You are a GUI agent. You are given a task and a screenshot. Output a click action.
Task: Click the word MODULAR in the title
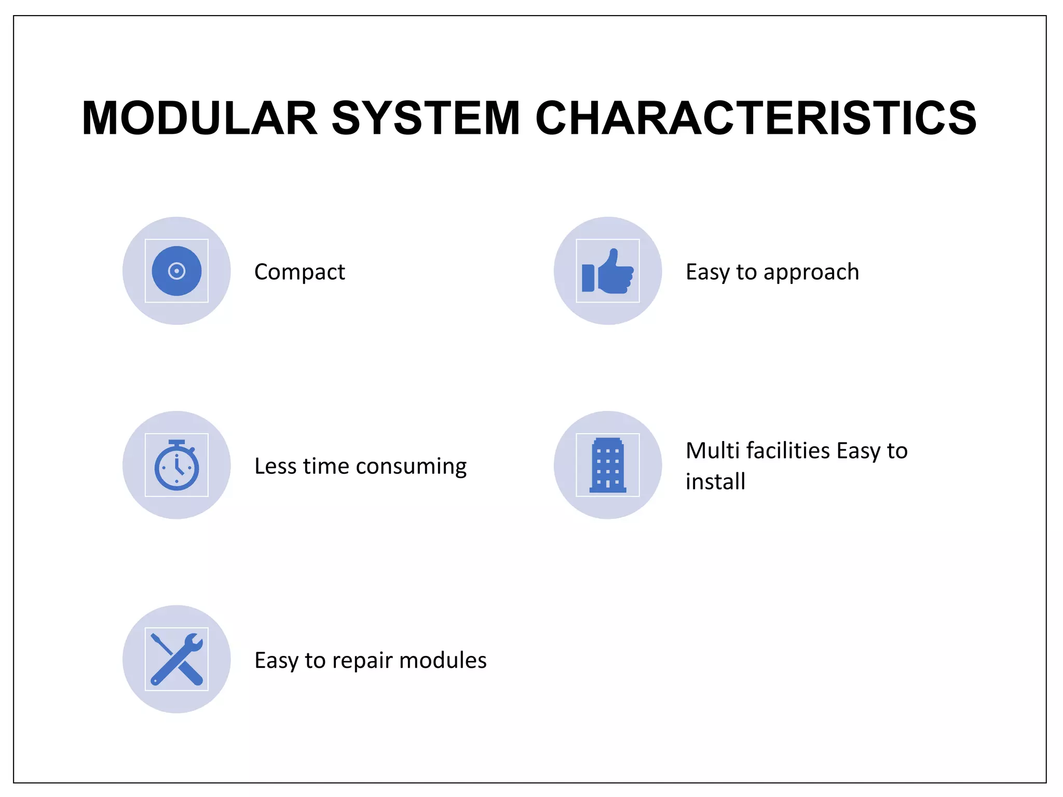click(200, 118)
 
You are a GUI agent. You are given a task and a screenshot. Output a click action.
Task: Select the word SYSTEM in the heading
click(426, 118)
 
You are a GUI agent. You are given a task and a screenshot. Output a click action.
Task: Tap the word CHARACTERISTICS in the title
click(756, 118)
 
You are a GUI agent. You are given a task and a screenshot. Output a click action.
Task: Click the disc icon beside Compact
click(176, 271)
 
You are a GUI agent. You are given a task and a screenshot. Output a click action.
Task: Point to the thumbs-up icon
click(608, 271)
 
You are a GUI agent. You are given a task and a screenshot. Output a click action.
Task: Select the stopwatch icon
click(176, 465)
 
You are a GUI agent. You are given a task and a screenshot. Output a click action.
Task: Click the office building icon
click(608, 465)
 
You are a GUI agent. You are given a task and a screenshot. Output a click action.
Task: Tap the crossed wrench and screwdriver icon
click(176, 659)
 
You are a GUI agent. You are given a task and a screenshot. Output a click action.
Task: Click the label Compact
click(299, 272)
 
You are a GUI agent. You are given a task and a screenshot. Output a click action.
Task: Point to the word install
click(715, 482)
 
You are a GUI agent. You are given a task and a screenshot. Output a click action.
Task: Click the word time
click(326, 466)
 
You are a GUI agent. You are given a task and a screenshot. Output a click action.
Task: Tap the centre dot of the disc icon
click(176, 271)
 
